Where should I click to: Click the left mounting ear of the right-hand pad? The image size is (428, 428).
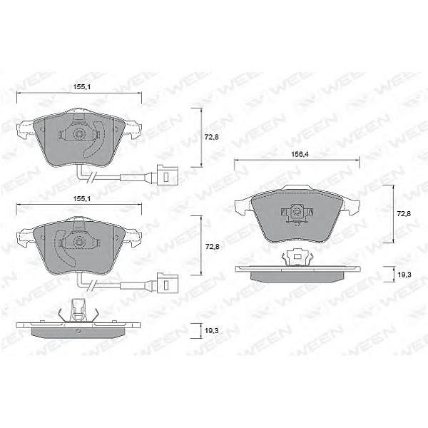coord(242,207)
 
